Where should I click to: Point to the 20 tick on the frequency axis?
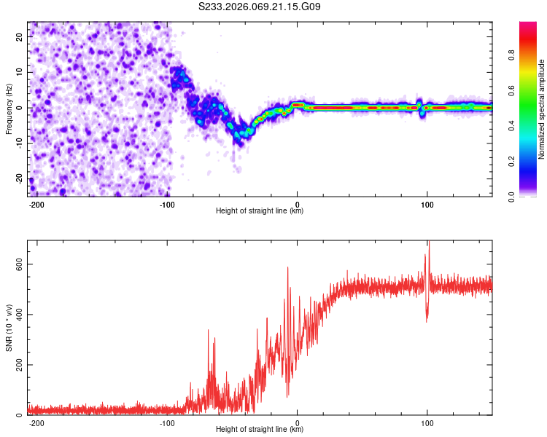pos(20,36)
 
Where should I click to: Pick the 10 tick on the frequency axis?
pos(20,72)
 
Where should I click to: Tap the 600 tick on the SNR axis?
pos(16,264)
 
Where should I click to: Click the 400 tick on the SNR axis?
pos(16,315)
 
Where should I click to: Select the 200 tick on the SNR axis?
pos(16,365)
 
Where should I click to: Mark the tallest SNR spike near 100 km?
pos(429,243)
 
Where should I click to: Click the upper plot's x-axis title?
pos(260,211)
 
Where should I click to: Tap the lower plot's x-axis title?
pos(260,430)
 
